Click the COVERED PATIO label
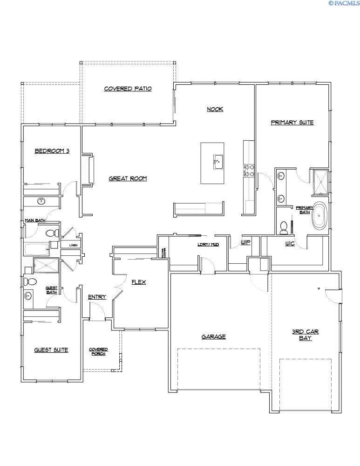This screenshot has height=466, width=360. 128,89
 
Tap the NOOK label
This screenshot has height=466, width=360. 215,110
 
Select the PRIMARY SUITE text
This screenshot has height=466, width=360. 292,123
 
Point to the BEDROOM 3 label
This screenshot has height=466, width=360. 52,151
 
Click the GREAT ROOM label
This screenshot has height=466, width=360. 128,178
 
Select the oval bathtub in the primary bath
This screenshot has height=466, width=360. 319,215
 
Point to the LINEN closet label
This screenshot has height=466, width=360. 73,245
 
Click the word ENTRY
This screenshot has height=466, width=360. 97,297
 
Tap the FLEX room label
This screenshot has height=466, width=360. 139,282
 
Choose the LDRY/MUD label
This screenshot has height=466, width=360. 208,244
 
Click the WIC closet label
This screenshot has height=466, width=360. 290,244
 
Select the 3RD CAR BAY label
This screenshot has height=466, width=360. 305,335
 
